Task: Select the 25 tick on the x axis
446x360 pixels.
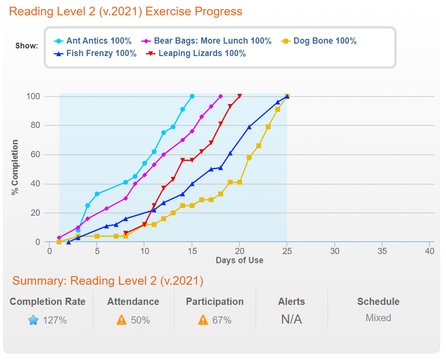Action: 287,251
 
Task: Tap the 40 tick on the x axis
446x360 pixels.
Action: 430,251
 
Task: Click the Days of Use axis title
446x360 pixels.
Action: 239,260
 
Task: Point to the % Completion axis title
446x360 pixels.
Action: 15,167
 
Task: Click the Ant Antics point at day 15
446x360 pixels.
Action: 192,96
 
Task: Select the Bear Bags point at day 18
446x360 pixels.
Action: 221,96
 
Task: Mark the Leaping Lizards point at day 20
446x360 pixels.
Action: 239,96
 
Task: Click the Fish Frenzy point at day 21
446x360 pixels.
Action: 249,127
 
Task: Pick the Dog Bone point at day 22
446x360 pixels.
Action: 258,146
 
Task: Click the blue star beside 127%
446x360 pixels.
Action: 33,320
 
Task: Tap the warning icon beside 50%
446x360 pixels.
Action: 122,320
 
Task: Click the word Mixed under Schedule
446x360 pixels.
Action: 378,318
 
